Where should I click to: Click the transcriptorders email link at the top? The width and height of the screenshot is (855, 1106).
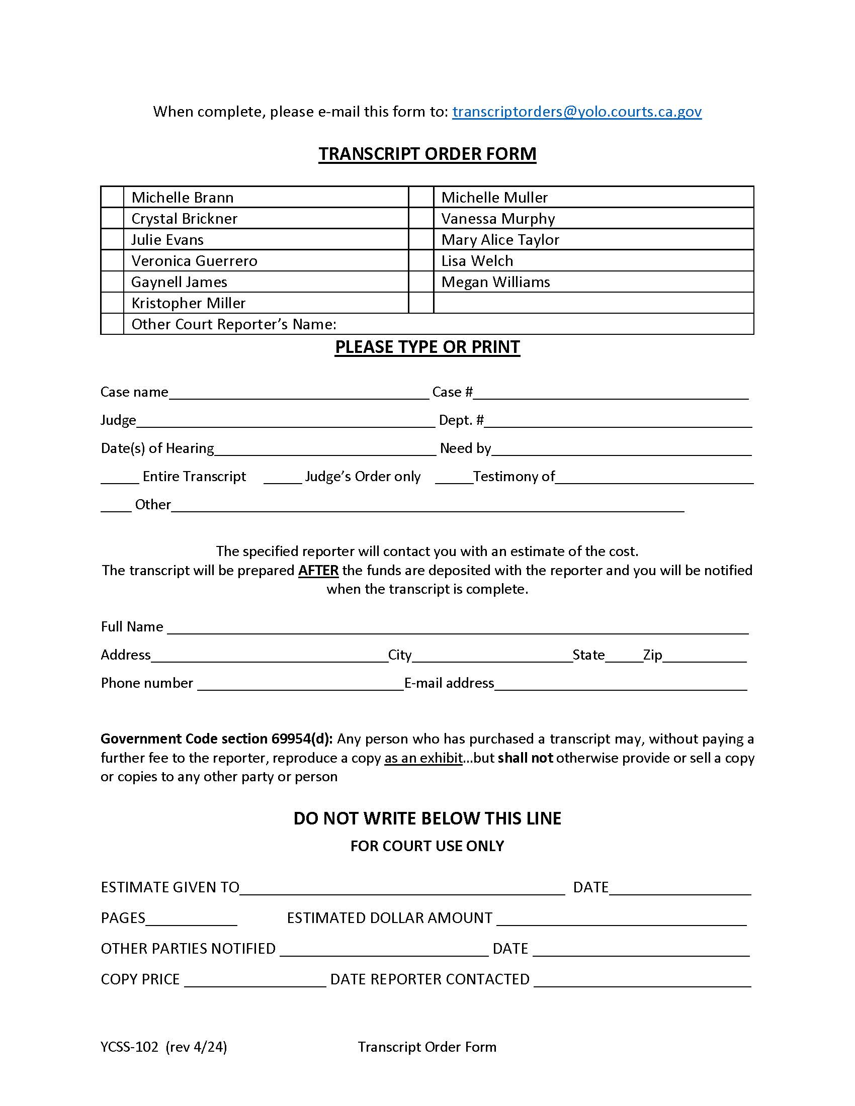point(576,112)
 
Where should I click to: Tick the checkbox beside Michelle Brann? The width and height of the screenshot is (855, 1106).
point(112,197)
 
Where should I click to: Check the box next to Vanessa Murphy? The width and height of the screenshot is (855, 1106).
point(420,218)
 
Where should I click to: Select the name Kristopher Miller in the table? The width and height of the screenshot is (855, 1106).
point(189,303)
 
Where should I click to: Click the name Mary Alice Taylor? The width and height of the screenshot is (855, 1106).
point(500,239)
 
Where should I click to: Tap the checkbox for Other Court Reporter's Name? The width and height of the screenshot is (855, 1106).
point(112,324)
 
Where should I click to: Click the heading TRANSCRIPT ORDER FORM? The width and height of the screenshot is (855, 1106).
point(427,154)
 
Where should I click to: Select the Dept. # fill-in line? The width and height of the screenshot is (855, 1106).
point(618,421)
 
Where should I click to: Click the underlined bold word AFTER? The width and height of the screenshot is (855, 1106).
point(318,571)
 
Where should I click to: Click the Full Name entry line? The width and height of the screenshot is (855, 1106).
point(457,628)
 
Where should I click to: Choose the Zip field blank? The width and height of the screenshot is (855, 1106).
point(705,656)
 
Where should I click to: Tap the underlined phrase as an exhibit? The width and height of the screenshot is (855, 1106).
point(423,758)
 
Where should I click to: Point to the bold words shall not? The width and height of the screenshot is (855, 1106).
point(525,758)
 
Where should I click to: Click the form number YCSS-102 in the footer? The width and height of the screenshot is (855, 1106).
point(130,1047)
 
